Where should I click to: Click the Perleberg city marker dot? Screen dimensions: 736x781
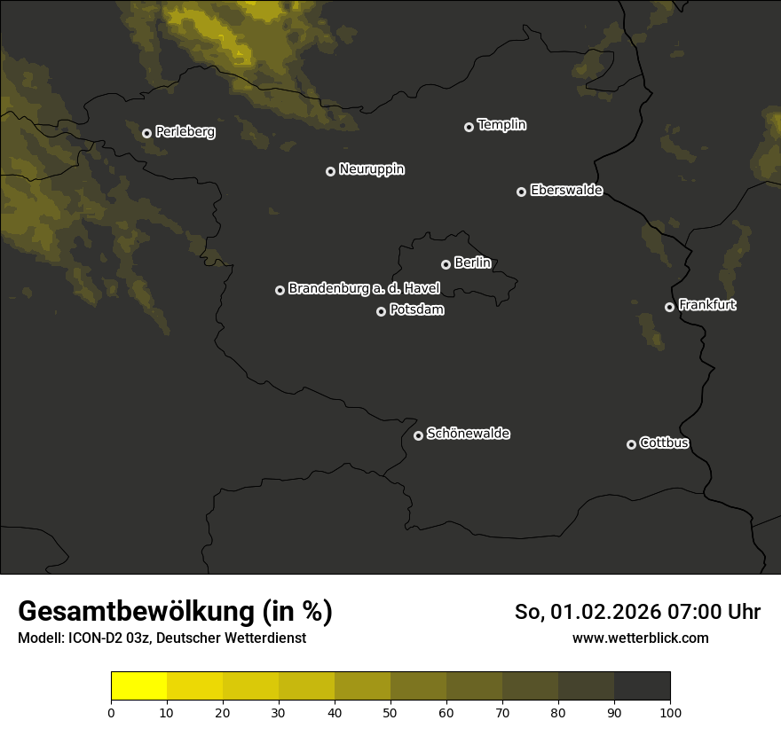pyautogui.click(x=146, y=133)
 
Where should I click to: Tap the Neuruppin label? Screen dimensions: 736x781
pyautogui.click(x=371, y=169)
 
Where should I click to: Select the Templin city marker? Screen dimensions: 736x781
pyautogui.click(x=469, y=127)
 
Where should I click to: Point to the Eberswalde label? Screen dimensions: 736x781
pyautogui.click(x=566, y=191)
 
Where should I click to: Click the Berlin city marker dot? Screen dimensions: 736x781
pyautogui.click(x=446, y=264)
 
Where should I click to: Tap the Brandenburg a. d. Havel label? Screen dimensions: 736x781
pyautogui.click(x=364, y=289)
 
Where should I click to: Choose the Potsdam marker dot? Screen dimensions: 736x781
pyautogui.click(x=381, y=311)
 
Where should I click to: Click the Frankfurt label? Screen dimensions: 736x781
pyautogui.click(x=707, y=305)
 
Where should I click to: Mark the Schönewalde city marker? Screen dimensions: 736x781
pyautogui.click(x=418, y=435)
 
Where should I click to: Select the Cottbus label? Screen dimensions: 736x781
pyautogui.click(x=664, y=443)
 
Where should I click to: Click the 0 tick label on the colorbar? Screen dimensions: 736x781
pyautogui.click(x=111, y=712)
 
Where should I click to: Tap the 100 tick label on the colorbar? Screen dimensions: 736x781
pyautogui.click(x=670, y=712)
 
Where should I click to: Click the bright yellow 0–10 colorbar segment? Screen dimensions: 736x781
pyautogui.click(x=138, y=685)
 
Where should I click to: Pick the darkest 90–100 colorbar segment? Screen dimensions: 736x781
pyautogui.click(x=642, y=685)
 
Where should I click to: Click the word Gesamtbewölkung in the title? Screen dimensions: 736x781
pyautogui.click(x=136, y=612)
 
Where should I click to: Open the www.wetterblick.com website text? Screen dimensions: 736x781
pyautogui.click(x=640, y=638)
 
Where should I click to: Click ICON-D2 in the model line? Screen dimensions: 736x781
pyautogui.click(x=96, y=638)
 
